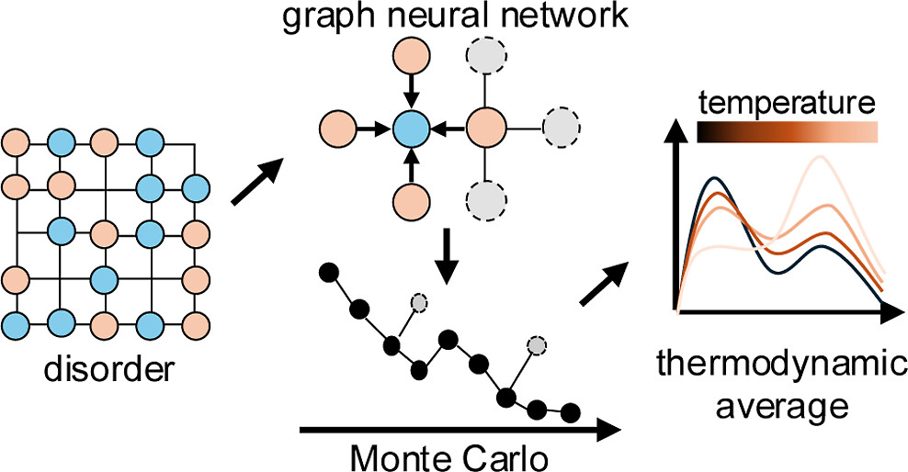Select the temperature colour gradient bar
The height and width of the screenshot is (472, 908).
789,132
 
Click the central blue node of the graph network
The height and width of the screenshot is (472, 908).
411,129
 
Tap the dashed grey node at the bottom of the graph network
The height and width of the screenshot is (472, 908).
487,198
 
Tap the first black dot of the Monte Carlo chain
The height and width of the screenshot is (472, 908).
324,272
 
